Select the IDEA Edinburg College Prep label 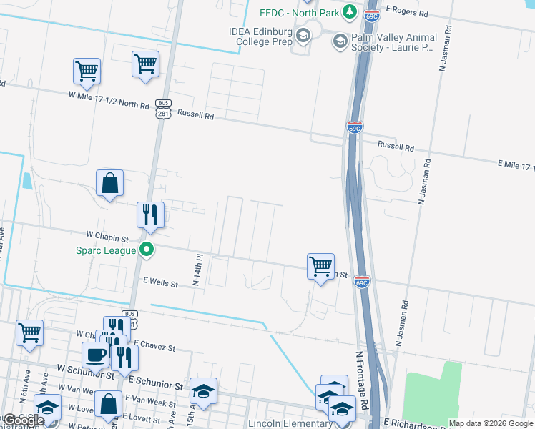click(x=262, y=36)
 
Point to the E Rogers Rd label click(x=406, y=13)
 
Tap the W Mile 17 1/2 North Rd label click(x=109, y=99)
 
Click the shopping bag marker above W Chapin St click(x=110, y=184)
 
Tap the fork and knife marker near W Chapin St click(x=150, y=215)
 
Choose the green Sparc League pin click(x=147, y=250)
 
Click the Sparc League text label click(x=106, y=250)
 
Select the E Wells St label click(x=160, y=283)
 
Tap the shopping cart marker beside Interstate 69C click(x=320, y=267)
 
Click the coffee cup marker click(x=95, y=355)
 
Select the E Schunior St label click(x=155, y=385)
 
